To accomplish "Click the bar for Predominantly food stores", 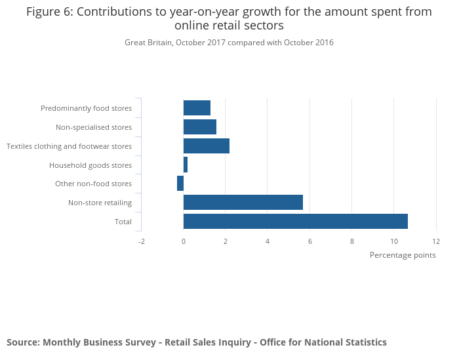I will (197, 108).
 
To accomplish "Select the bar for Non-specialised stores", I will (200, 127).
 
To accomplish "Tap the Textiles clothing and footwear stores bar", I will (207, 146).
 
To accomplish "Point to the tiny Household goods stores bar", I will (186, 165).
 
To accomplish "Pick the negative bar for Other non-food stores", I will (180, 184).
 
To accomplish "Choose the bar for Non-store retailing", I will (243, 203).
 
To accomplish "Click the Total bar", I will (296, 222).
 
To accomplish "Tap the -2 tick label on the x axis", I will (142, 241).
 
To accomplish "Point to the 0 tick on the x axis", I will (184, 241).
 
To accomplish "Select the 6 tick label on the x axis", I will (310, 241).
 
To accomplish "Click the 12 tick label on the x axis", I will (436, 241).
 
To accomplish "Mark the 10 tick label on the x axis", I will (394, 241).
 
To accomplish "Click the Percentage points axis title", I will (403, 255).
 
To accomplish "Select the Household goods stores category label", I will (90, 165).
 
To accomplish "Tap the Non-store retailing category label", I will (100, 203).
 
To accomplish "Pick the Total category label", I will (123, 222).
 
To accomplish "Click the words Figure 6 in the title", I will (49, 12).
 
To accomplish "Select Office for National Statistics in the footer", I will (323, 342).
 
